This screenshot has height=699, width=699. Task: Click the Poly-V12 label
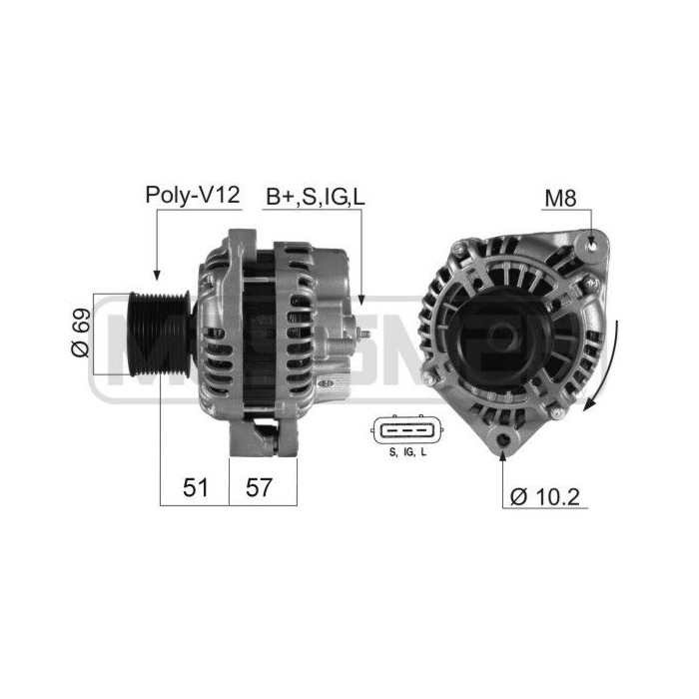193,195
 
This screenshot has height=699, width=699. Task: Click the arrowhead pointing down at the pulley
156,271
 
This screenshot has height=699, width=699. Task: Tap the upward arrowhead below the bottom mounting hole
503,456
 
